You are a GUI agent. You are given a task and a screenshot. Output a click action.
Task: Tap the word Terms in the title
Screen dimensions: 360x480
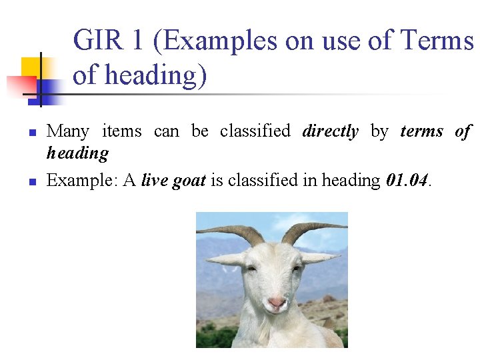438,41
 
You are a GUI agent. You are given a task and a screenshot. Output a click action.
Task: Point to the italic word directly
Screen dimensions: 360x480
330,131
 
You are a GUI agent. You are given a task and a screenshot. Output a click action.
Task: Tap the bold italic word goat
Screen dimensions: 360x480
189,181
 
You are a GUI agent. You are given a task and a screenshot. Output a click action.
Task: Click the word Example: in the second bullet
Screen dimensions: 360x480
75,181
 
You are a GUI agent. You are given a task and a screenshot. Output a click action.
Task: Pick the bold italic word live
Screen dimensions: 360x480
155,181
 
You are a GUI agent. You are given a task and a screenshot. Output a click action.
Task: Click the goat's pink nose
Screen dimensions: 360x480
276,303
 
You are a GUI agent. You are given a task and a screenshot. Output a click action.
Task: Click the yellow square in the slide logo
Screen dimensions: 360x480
31,67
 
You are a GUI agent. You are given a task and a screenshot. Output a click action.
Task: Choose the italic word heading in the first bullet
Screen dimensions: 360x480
77,153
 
